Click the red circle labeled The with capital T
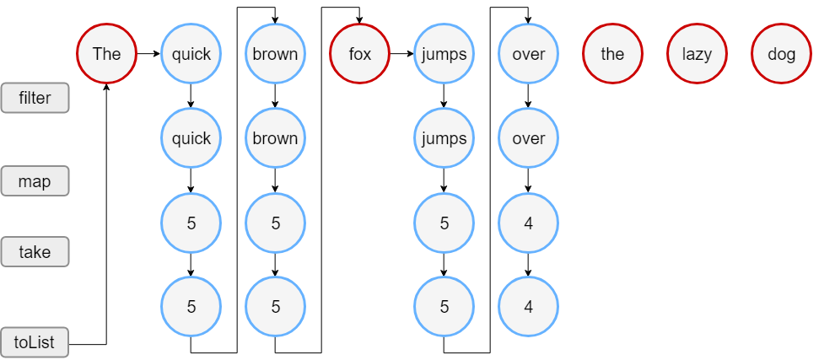[106, 54]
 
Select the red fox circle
[359, 54]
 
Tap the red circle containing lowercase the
[612, 54]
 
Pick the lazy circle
[697, 54]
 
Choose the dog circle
[781, 54]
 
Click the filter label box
[35, 98]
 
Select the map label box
[35, 181]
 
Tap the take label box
[35, 252]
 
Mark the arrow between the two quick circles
[191, 96]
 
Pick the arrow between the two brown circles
[275, 96]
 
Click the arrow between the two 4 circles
[528, 265]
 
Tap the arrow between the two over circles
[528, 96]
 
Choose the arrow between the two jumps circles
[444, 96]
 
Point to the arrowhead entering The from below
[106, 89]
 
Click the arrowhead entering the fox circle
[359, 19]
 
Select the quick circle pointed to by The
[191, 54]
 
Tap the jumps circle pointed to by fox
[444, 54]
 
